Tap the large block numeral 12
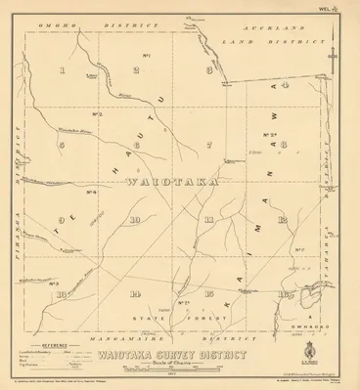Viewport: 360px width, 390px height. tap(282, 219)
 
